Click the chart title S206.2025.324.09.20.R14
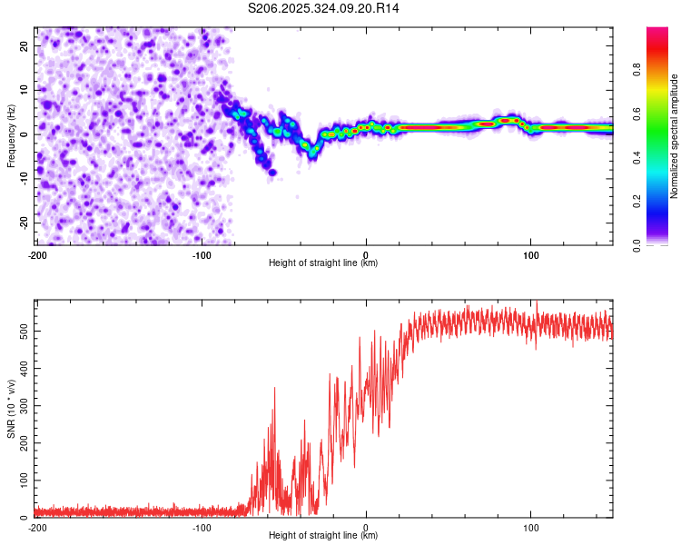click(x=324, y=8)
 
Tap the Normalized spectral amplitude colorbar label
click(x=675, y=136)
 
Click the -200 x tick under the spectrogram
click(x=37, y=254)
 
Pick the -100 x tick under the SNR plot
click(x=202, y=527)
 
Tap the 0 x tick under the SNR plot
click(x=366, y=527)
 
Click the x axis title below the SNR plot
click(x=324, y=536)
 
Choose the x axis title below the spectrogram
click(x=324, y=263)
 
